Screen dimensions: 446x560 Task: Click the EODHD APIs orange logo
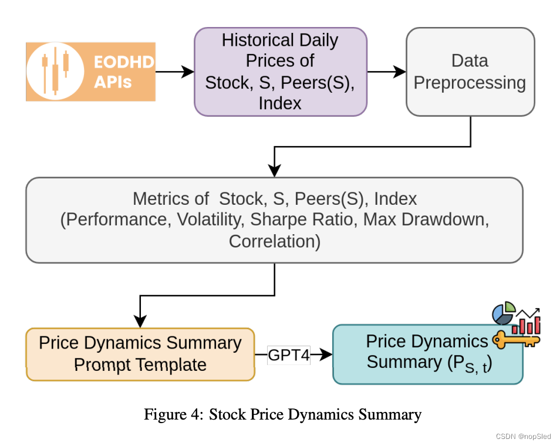(x=91, y=72)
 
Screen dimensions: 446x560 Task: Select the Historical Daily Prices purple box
(x=280, y=72)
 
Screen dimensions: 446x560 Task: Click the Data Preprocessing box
(x=470, y=72)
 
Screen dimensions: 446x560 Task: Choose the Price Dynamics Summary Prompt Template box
(x=140, y=354)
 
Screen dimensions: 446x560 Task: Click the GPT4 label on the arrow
(x=289, y=354)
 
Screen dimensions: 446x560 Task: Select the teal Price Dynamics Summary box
(x=427, y=354)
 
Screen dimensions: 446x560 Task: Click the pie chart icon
(x=503, y=313)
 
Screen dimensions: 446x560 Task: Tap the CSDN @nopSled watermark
(x=523, y=436)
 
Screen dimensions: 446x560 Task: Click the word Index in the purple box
(x=279, y=103)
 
